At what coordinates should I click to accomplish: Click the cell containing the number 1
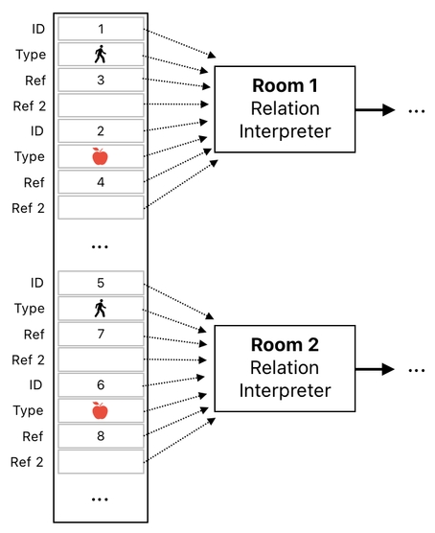[x=101, y=29]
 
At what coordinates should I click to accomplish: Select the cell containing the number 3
[x=101, y=80]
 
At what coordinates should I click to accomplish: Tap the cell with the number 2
[x=101, y=130]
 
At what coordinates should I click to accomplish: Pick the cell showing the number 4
[x=101, y=181]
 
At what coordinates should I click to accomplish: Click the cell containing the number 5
[x=101, y=283]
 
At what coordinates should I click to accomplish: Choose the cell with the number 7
[x=101, y=334]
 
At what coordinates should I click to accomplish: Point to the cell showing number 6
[x=101, y=384]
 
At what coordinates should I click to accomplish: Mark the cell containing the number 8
[x=101, y=435]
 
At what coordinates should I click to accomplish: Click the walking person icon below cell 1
[x=101, y=55]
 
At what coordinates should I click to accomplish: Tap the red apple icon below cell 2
[x=101, y=156]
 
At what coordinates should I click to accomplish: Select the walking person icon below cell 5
[x=101, y=309]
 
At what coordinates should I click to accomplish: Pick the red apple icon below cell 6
[x=101, y=410]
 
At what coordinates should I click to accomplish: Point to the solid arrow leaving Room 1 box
[x=373, y=110]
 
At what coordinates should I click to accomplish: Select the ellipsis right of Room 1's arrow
[x=416, y=112]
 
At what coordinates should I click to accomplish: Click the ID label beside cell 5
[x=36, y=283]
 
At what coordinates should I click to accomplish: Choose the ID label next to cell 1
[x=36, y=29]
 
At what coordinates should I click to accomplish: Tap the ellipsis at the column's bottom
[x=101, y=499]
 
